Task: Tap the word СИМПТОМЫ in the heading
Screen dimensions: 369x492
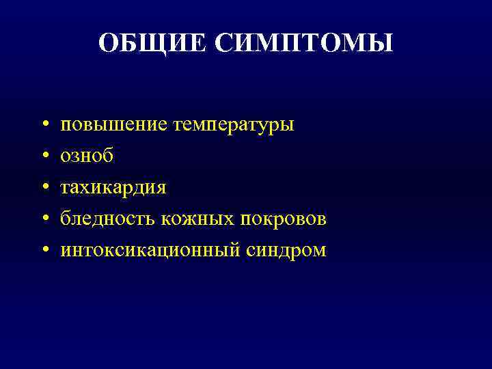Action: [x=304, y=43]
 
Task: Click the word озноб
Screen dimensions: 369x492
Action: [x=87, y=156]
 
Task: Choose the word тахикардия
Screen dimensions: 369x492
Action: [x=113, y=188]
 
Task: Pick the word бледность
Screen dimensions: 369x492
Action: [x=108, y=219]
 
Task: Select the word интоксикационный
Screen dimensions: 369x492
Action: [x=150, y=251]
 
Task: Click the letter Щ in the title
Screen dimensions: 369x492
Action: [x=148, y=44]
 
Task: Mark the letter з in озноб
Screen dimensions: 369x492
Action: [x=75, y=157]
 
